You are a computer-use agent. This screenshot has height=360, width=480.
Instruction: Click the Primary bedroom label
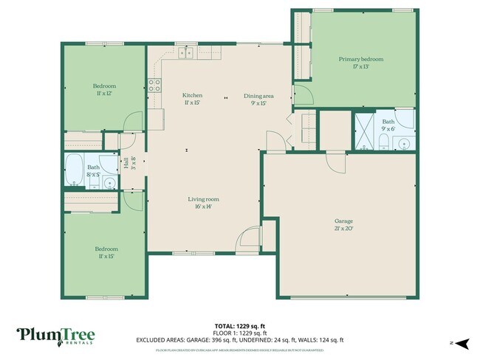pos(361,62)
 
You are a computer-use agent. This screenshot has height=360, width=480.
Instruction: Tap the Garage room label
pos(344,224)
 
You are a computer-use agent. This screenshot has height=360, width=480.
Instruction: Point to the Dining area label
pos(259,99)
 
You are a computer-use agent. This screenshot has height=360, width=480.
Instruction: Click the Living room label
pos(203,203)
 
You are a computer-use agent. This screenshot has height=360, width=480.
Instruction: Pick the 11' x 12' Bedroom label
pos(104,89)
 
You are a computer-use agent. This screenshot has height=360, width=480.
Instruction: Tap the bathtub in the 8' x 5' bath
pos(75,170)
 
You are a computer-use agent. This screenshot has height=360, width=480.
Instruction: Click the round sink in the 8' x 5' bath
pos(109,182)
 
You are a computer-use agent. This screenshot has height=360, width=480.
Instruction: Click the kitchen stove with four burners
pos(154,86)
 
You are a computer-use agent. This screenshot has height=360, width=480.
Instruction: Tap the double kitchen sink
pos(185,52)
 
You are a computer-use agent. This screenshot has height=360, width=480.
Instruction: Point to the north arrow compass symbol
pos(462,343)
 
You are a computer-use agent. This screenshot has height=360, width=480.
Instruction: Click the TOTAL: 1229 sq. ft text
pos(240,326)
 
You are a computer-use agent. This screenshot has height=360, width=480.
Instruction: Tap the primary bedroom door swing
pos(302,94)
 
